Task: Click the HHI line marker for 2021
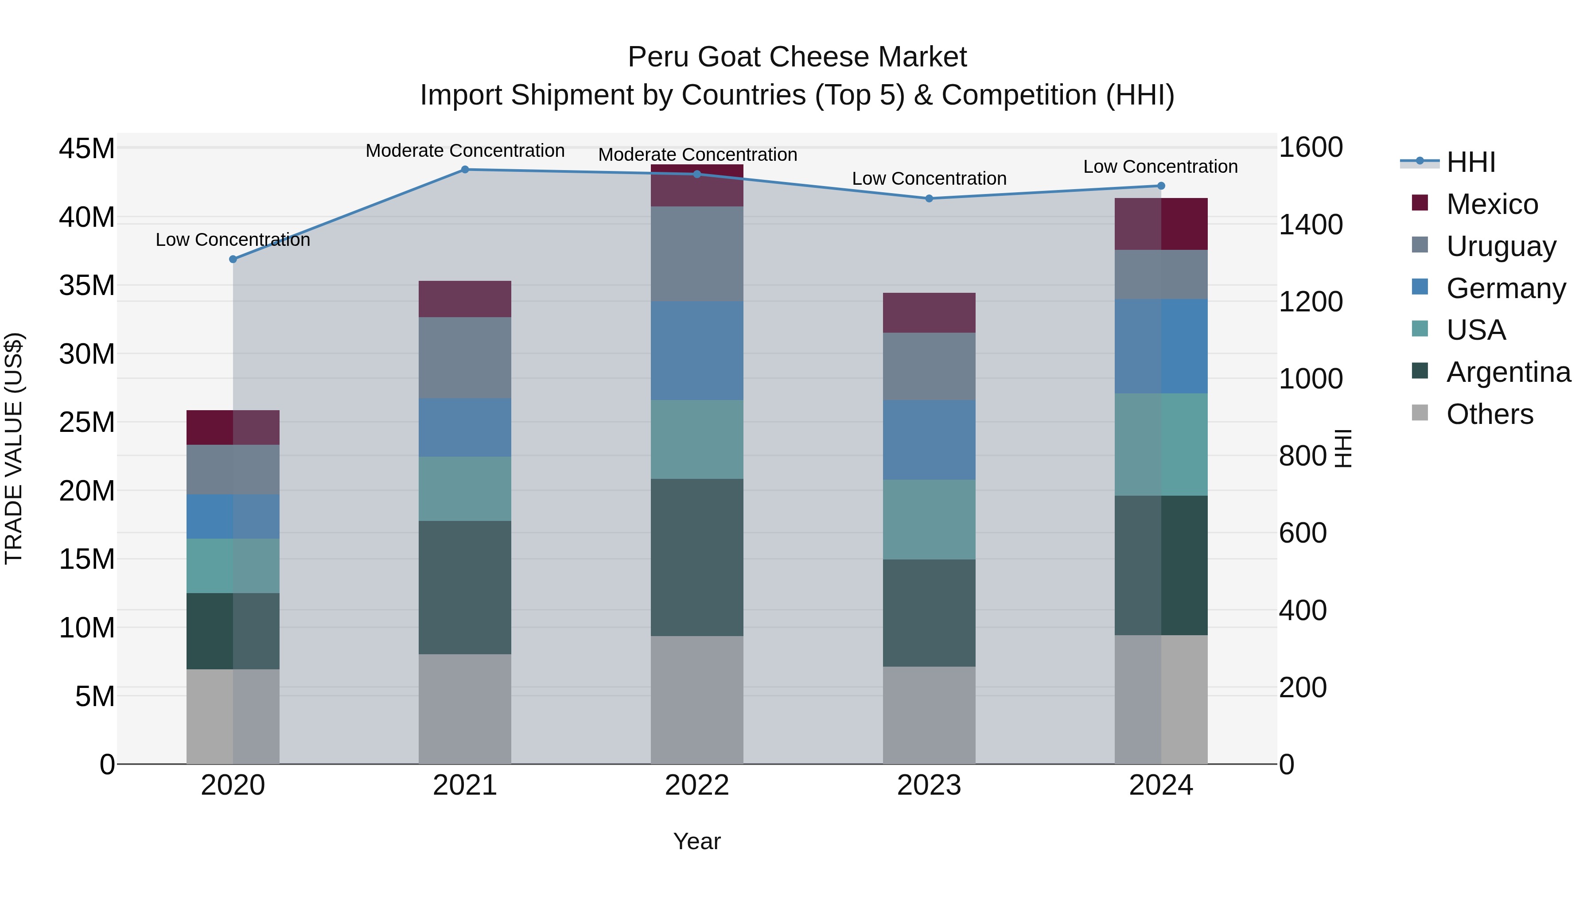point(465,170)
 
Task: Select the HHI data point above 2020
point(233,260)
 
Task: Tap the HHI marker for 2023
point(929,199)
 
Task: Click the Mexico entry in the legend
point(1492,204)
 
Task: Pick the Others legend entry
point(1489,414)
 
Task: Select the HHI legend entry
point(1471,162)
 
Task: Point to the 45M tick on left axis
point(87,149)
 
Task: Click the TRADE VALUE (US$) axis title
point(14,448)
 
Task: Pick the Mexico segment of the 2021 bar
point(465,299)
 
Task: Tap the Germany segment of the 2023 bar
point(929,439)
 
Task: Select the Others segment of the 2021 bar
point(465,709)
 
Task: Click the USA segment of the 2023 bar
point(929,520)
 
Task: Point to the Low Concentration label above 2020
point(233,240)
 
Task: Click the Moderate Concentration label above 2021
point(465,151)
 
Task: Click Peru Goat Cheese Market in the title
point(797,57)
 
